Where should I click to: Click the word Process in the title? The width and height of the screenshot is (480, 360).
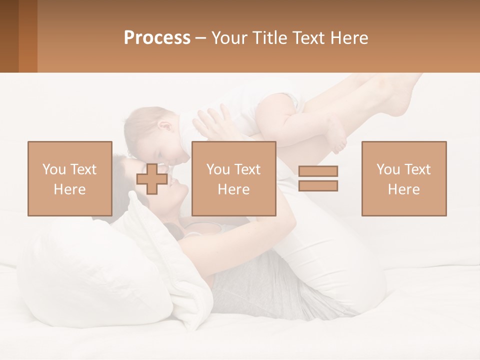pyautogui.click(x=157, y=38)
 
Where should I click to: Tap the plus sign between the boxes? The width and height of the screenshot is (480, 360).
pyautogui.click(x=152, y=179)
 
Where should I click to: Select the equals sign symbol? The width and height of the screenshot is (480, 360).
pyautogui.click(x=318, y=178)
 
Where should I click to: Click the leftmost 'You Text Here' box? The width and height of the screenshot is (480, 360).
pyautogui.click(x=70, y=178)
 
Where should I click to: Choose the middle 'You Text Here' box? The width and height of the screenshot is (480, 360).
pyautogui.click(x=233, y=178)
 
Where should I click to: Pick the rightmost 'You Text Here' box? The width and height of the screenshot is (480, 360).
pyautogui.click(x=404, y=178)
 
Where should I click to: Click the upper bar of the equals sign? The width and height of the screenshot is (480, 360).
pyautogui.click(x=318, y=171)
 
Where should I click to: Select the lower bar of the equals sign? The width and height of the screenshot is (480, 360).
pyautogui.click(x=318, y=186)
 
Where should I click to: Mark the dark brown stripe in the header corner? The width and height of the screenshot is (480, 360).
pyautogui.click(x=9, y=36)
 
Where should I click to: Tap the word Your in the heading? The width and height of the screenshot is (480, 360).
pyautogui.click(x=229, y=38)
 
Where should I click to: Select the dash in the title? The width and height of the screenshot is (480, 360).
pyautogui.click(x=201, y=38)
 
